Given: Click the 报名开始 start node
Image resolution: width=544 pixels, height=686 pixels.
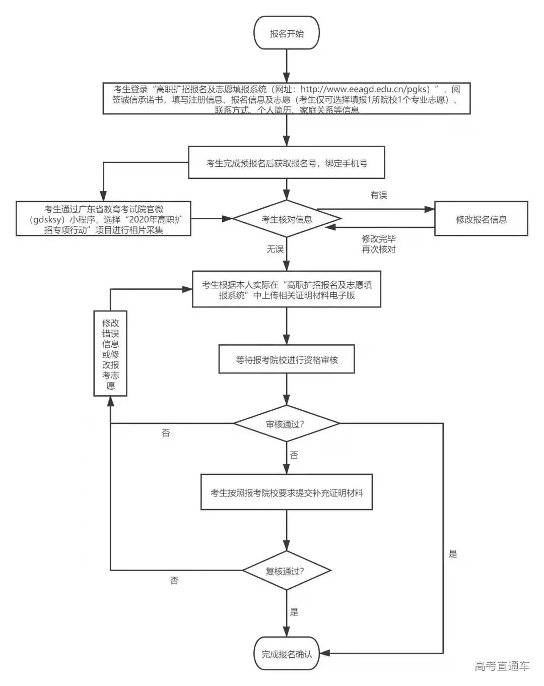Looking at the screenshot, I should click(x=287, y=33).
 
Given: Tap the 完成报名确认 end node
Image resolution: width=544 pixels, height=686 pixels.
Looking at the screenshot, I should click(x=287, y=654).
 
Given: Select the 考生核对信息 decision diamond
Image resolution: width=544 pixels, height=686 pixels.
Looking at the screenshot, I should click(x=287, y=219).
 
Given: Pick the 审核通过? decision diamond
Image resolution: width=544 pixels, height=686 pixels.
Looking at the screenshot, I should click(x=286, y=424).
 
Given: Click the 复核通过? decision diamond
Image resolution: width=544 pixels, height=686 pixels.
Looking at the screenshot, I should click(x=286, y=571).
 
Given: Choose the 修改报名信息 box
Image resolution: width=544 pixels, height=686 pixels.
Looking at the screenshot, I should click(x=481, y=219).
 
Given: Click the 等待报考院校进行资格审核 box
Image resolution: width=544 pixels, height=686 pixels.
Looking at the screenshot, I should click(x=287, y=359).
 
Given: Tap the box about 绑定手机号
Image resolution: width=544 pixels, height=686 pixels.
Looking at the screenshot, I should click(x=287, y=163).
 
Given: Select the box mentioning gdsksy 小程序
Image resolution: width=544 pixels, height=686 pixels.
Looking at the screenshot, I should click(x=104, y=219).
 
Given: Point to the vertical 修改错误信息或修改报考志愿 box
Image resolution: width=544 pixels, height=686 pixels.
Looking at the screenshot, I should click(x=111, y=354).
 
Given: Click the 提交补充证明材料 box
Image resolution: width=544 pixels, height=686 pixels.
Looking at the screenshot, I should click(x=287, y=492).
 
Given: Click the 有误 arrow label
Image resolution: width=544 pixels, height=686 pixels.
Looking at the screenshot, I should click(x=379, y=195).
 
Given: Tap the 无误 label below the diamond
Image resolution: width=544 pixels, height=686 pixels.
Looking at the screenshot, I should click(x=275, y=249).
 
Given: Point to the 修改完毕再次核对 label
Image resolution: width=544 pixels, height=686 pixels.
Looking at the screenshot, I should click(x=379, y=244).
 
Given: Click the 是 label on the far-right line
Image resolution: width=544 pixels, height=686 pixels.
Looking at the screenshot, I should click(x=453, y=554).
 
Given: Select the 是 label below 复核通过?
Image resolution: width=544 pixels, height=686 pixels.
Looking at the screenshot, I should click(x=294, y=612).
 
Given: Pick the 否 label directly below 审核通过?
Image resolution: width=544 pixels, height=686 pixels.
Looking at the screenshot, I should click(x=294, y=455).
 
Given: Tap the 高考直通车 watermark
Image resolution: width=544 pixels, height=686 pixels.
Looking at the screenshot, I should click(x=502, y=666).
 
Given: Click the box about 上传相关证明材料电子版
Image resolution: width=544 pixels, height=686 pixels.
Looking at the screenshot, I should click(x=287, y=290).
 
